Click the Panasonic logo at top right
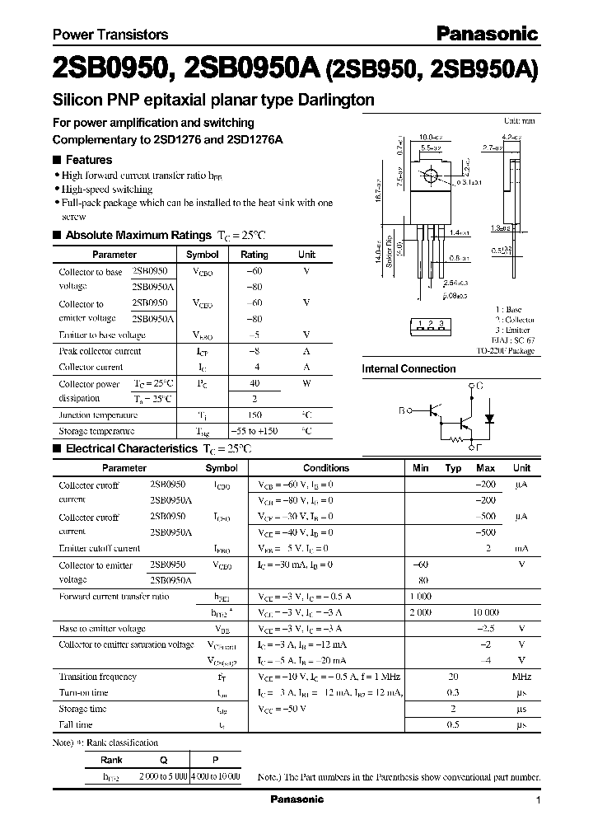[487, 34]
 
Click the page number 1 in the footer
[538, 800]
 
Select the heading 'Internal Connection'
[409, 369]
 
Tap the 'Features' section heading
[88, 160]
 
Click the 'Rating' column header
[254, 255]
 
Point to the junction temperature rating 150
[254, 415]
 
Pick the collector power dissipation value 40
[254, 383]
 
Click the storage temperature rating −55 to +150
[254, 431]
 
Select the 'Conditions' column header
[326, 468]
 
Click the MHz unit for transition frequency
[521, 677]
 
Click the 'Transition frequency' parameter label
[99, 677]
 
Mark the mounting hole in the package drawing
[430, 176]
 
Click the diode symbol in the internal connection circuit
[489, 418]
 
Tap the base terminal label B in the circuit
[402, 409]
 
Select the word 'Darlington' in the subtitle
[334, 101]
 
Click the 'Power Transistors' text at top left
[110, 35]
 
